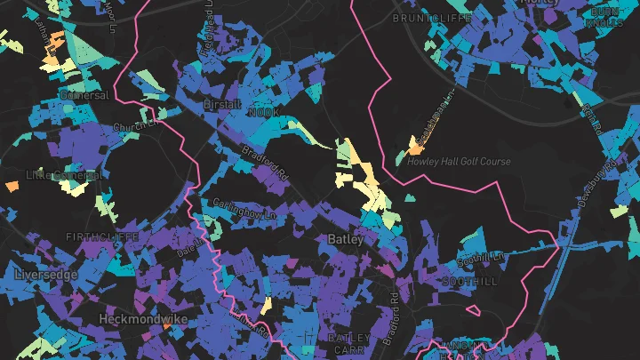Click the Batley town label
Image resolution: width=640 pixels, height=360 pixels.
pos(346,239)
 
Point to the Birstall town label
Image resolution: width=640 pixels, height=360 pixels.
pos(222,104)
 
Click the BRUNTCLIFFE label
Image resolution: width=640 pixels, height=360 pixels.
pos(430,17)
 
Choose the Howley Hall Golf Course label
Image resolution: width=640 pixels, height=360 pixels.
pos(459,162)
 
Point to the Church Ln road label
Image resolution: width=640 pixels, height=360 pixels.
pos(134,125)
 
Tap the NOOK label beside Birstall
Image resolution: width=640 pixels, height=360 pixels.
pos(263,114)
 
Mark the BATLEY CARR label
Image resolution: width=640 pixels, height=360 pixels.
pos(349,343)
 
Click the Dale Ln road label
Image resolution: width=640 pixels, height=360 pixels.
pos(188,240)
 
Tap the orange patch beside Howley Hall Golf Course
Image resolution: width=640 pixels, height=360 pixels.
pos(413,145)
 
